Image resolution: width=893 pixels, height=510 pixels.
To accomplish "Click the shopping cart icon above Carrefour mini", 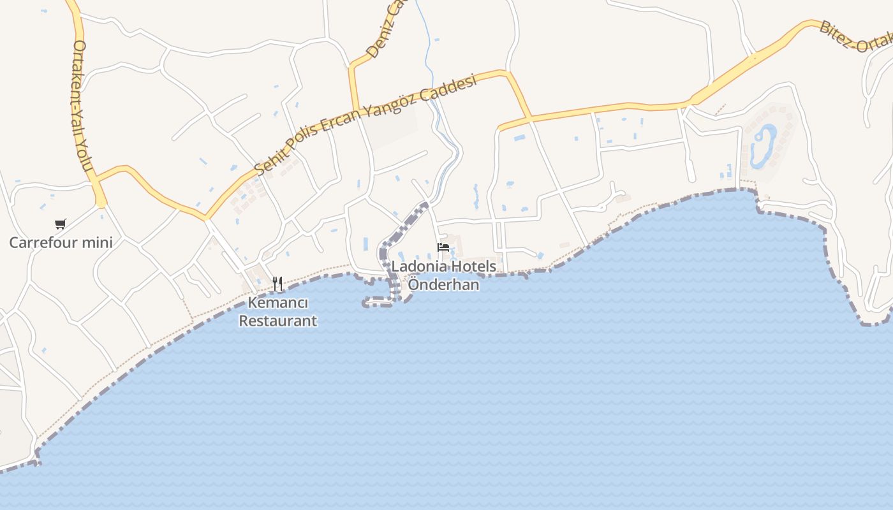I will click(x=61, y=224).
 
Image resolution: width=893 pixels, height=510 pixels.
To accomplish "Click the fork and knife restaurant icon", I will click(x=277, y=283).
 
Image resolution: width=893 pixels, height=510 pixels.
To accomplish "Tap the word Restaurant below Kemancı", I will click(x=277, y=321).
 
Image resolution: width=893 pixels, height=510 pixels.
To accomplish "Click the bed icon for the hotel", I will click(x=443, y=247).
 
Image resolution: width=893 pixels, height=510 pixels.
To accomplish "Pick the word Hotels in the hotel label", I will click(x=472, y=266).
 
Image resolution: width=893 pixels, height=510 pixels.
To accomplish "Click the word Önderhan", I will click(x=443, y=284).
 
